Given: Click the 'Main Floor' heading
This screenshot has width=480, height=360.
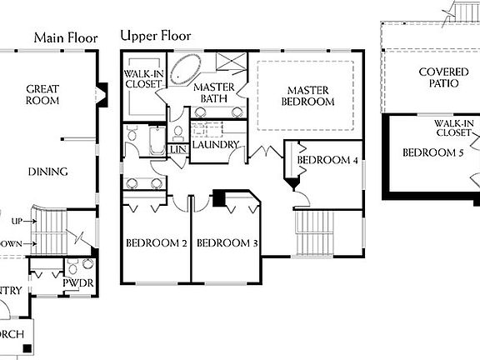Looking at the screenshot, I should point(66,37).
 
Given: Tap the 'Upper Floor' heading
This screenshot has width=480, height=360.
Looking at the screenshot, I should point(156,36).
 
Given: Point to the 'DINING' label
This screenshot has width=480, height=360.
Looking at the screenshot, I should point(47,172).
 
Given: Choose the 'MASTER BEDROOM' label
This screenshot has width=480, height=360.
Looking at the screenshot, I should point(311,96).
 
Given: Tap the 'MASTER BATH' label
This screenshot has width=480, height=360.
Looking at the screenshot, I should point(212,93).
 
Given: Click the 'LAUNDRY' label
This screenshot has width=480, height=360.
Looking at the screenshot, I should point(216,145).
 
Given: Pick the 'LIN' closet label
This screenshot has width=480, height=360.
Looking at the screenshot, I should point(177,149).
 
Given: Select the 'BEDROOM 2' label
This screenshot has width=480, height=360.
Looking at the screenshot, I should point(155,243).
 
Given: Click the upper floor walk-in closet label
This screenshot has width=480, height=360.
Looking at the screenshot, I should point(143,78).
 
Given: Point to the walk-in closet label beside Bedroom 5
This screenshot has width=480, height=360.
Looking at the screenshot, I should point(454,128).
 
